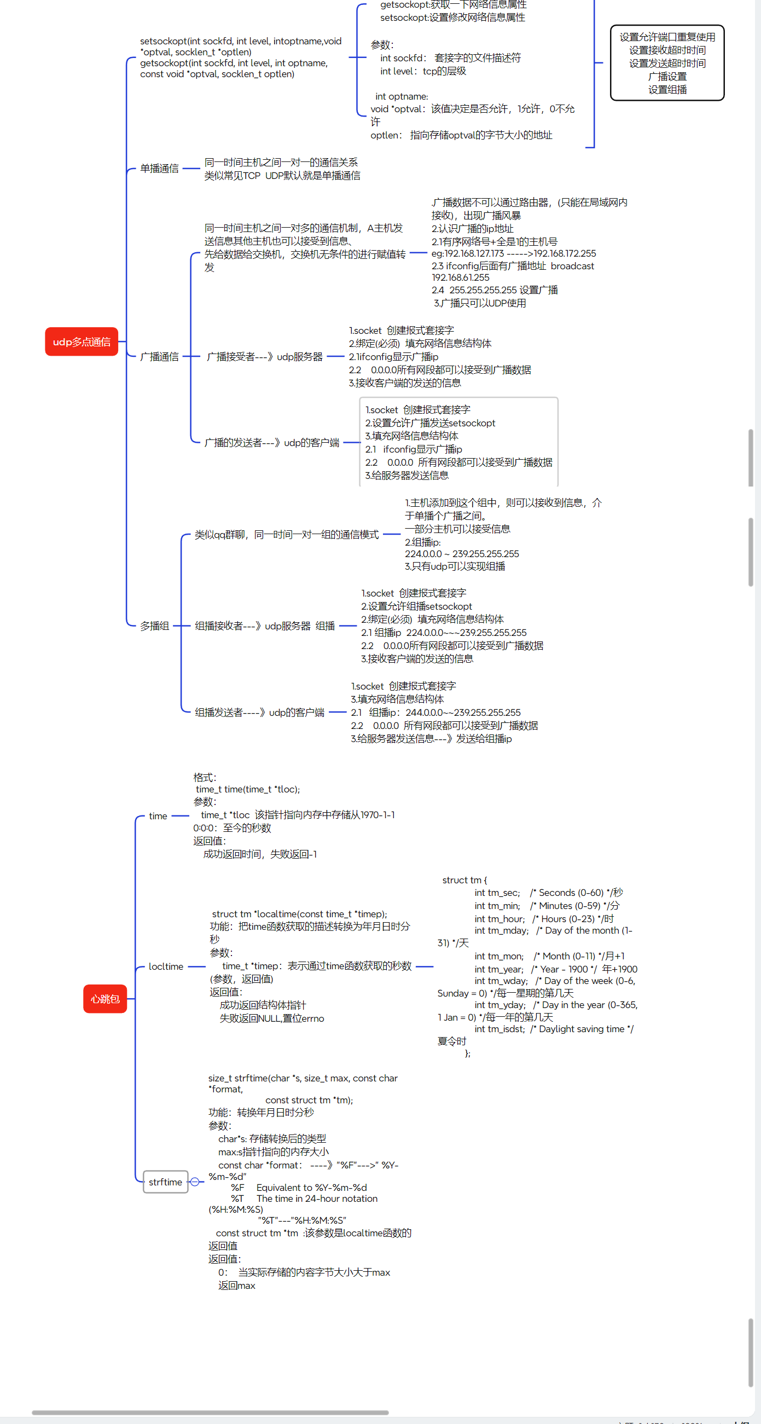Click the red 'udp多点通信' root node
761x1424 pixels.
(81, 341)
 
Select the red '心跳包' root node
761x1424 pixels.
(105, 998)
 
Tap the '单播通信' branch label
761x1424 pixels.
(159, 169)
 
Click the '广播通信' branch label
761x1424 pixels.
(159, 357)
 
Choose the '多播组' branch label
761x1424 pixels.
(154, 626)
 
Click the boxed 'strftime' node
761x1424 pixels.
(165, 1182)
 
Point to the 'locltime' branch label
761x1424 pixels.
(166, 966)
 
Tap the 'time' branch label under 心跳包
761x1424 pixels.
(158, 816)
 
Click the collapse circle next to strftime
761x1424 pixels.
(195, 1182)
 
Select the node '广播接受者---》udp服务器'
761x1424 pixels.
(264, 357)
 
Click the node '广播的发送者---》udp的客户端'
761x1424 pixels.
(271, 443)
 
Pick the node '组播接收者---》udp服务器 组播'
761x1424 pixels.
(265, 626)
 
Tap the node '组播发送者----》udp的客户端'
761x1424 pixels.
(259, 713)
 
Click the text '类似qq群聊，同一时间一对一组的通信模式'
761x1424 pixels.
(286, 535)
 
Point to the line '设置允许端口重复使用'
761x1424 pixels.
(667, 37)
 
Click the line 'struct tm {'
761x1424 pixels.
(464, 880)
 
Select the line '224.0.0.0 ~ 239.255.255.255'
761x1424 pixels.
(461, 554)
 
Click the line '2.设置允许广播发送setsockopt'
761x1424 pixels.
(430, 423)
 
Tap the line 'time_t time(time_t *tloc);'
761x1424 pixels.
(248, 789)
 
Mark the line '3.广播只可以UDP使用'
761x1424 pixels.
(480, 303)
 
